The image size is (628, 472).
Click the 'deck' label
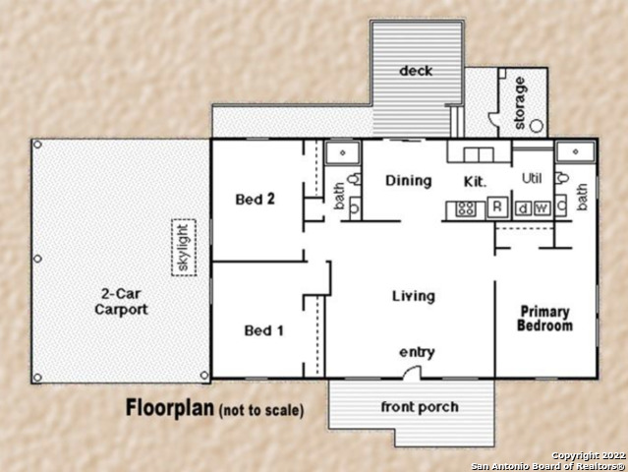point(417,71)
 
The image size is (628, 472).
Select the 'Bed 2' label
point(255,200)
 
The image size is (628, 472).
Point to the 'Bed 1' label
point(263,330)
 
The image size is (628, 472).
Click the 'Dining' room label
point(408,181)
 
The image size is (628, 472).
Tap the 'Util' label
point(532,179)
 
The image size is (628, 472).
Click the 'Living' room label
point(413,296)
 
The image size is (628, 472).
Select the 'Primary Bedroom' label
point(544,319)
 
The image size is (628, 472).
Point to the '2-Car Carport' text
point(121,301)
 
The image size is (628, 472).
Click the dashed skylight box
point(181,247)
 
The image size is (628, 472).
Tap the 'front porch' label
point(420,407)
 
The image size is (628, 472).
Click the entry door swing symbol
point(413,372)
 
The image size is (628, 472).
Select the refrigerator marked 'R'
point(497,207)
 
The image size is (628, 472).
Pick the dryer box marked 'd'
point(522,207)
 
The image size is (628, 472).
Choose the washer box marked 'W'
point(541,207)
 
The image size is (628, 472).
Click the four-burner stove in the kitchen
point(466,208)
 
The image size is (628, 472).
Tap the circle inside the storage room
point(534,126)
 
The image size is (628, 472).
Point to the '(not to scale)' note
point(260,410)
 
